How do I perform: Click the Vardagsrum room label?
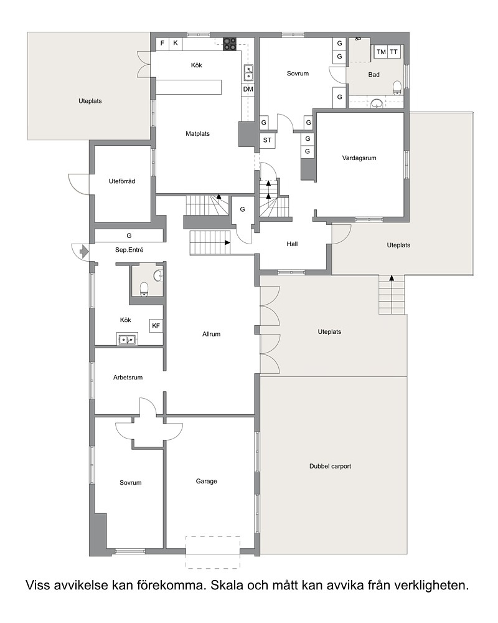pyautogui.click(x=359, y=158)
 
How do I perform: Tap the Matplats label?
pyautogui.click(x=197, y=134)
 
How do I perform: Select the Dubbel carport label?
pyautogui.click(x=330, y=467)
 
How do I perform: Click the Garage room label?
pyautogui.click(x=206, y=482)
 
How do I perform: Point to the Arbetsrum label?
pyautogui.click(x=128, y=378)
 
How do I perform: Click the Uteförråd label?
pyautogui.click(x=122, y=181)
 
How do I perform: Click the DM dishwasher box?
pyautogui.click(x=248, y=89)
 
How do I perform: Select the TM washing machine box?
pyautogui.click(x=381, y=52)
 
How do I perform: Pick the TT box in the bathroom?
pyautogui.click(x=393, y=52)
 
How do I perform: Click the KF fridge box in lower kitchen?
pyautogui.click(x=156, y=326)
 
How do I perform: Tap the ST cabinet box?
pyautogui.click(x=267, y=140)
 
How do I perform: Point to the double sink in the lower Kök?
pyautogui.click(x=127, y=340)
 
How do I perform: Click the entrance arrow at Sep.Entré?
pyautogui.click(x=84, y=252)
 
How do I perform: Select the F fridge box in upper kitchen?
pyautogui.click(x=162, y=44)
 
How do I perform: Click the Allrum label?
pyautogui.click(x=211, y=334)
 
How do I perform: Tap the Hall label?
pyautogui.click(x=293, y=244)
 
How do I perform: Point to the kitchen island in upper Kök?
pyautogui.click(x=189, y=87)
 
